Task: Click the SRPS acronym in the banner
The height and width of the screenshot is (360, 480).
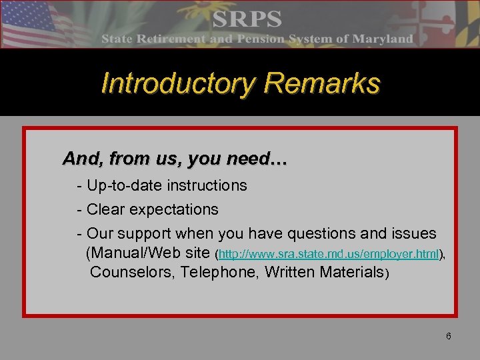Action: [246, 19]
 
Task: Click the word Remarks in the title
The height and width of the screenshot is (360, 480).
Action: [322, 84]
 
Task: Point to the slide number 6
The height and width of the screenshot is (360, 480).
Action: [449, 336]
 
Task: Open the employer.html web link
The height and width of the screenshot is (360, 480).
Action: [329, 254]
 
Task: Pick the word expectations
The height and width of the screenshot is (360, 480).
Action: [174, 209]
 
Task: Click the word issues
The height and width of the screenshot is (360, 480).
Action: [413, 234]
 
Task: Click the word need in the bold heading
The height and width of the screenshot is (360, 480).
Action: [240, 159]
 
